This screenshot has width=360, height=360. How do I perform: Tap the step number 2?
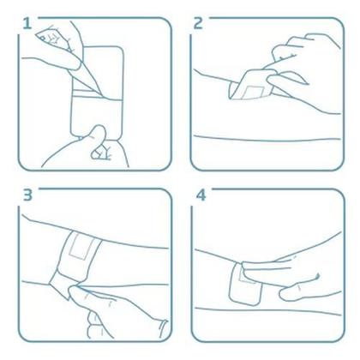click(199, 23)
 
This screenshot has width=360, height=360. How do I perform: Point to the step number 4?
click(201, 195)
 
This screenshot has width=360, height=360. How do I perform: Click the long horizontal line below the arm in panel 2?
click(266, 136)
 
